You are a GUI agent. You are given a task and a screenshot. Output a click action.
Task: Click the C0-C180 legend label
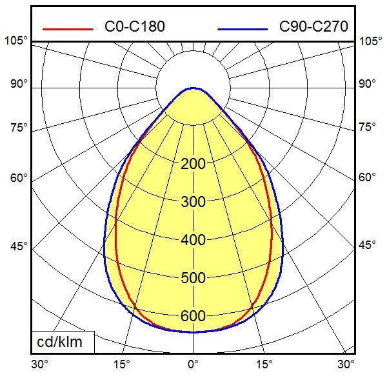pyautogui.click(x=134, y=26)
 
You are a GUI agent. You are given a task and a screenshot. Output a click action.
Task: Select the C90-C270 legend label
pyautogui.click(x=313, y=26)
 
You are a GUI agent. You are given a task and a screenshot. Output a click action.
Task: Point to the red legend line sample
pyautogui.click(x=68, y=28)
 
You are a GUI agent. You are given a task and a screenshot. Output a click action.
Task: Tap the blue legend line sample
pyautogui.click(x=243, y=28)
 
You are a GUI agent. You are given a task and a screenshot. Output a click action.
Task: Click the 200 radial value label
pyautogui.click(x=193, y=164)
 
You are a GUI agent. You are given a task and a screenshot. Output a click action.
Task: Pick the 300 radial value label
pyautogui.click(x=193, y=202)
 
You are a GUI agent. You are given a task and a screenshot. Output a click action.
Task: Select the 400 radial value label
pyautogui.click(x=193, y=240)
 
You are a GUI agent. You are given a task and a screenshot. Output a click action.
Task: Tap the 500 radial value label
pyautogui.click(x=193, y=278)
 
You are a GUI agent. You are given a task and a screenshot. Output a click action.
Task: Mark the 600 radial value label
pyautogui.click(x=193, y=316)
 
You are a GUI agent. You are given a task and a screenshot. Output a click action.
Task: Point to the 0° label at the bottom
pyautogui.click(x=193, y=364)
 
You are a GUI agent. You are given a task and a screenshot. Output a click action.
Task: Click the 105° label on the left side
pyautogui.click(x=16, y=41)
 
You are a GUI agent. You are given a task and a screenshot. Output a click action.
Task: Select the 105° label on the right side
pyautogui.click(x=370, y=41)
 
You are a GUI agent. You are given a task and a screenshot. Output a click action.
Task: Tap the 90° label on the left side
pyautogui.click(x=19, y=84)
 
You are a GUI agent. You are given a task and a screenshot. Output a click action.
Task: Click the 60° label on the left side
pyautogui.click(x=19, y=177)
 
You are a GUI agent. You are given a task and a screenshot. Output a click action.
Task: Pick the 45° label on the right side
pyautogui.click(x=368, y=246)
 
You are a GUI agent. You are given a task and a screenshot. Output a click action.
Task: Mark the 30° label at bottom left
pyautogui.click(x=40, y=364)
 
